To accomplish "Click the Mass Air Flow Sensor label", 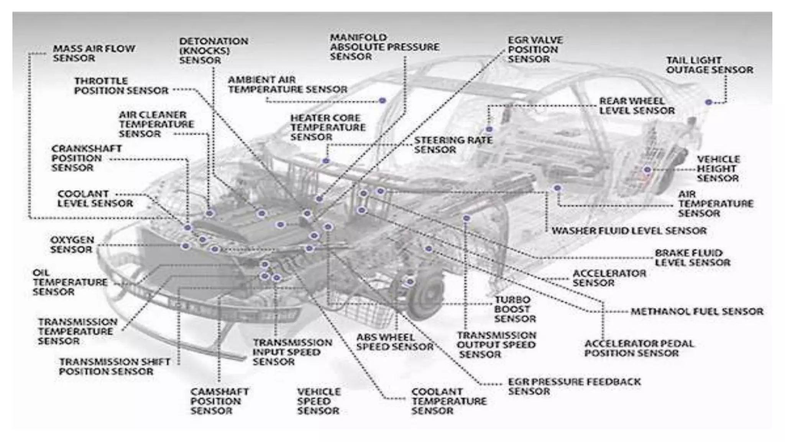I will click(94, 53).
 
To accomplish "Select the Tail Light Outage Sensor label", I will click(709, 65).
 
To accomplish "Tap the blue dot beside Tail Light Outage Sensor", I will click(708, 102).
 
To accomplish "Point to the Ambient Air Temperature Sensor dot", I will click(382, 101).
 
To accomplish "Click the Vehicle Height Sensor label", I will click(718, 168).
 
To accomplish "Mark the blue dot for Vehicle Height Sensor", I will click(647, 170).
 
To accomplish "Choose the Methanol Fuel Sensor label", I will click(697, 311).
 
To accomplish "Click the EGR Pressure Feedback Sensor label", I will click(574, 386).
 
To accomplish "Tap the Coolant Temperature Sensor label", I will click(448, 401).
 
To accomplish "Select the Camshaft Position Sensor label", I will click(219, 401).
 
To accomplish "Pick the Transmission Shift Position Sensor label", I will click(114, 366).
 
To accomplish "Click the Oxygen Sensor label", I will click(72, 244).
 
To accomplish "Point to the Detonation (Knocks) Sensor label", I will click(213, 51).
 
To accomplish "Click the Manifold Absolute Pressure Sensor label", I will click(384, 47).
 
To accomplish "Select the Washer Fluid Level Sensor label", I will click(629, 231).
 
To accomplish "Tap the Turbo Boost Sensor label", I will click(514, 309).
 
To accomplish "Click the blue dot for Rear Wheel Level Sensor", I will click(489, 129).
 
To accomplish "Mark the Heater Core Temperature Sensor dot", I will click(326, 160).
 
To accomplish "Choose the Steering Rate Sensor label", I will click(453, 145).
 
